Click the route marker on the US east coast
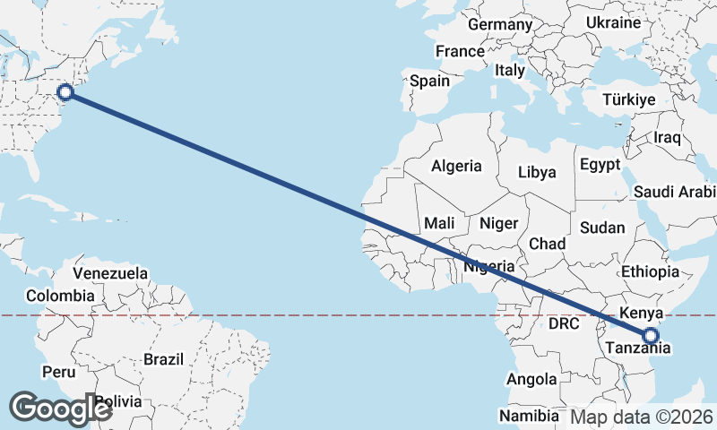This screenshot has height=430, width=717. (65, 91)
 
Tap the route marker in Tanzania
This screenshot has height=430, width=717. (651, 337)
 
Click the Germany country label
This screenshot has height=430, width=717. (499, 25)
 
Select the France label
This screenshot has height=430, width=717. (460, 51)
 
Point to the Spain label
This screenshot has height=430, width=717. (429, 81)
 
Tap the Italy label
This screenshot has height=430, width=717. (510, 70)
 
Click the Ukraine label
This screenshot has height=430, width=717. (613, 22)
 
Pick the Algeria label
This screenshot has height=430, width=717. (456, 166)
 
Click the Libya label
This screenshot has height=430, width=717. (537, 172)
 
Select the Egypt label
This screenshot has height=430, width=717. (600, 165)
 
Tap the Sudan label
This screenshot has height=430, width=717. (602, 228)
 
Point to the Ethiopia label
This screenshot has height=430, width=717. (650, 271)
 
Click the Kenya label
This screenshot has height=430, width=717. (640, 314)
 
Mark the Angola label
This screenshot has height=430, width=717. (531, 380)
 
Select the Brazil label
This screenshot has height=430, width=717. (163, 359)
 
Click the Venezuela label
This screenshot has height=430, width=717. (110, 272)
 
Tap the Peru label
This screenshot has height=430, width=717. (59, 371)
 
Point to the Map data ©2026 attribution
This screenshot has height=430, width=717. (642, 417)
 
